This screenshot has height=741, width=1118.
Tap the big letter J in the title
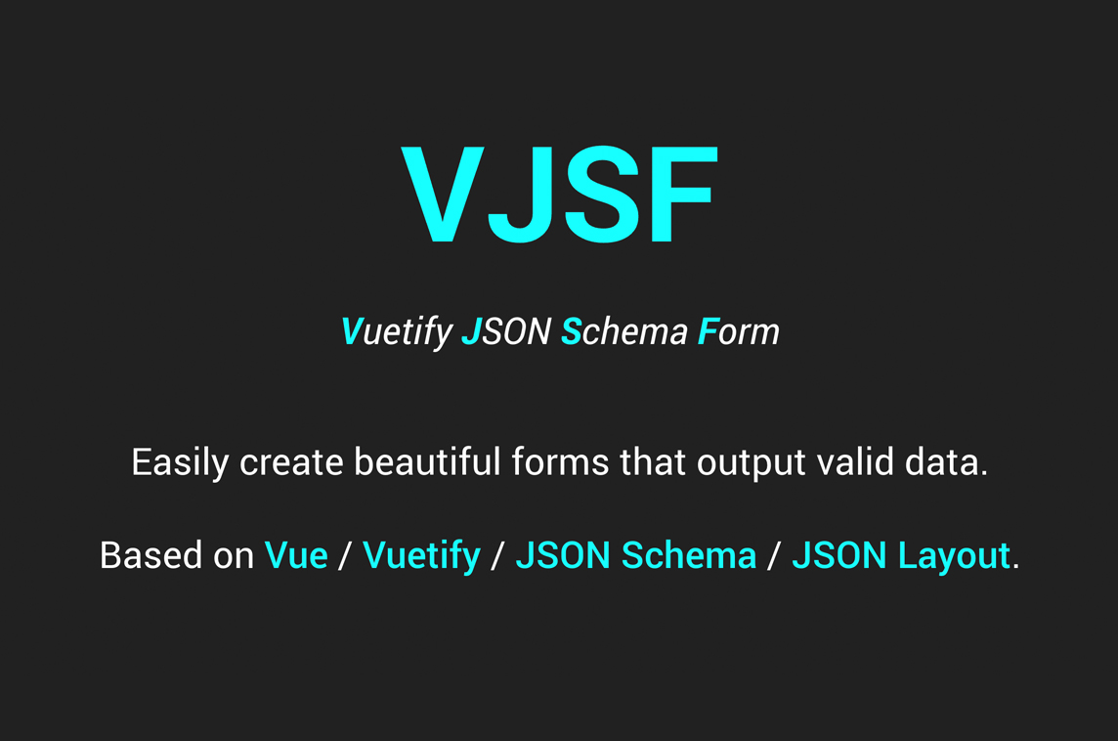tap(521, 195)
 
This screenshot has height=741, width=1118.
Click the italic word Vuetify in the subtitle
tap(397, 332)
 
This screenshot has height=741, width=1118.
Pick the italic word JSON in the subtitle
tap(506, 331)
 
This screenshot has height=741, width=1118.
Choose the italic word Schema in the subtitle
tap(624, 331)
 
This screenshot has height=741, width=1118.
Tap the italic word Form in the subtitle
tap(738, 331)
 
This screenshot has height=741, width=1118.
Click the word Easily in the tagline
tap(180, 462)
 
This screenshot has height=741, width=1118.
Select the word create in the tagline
tap(291, 462)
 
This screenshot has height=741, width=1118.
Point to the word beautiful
tap(428, 461)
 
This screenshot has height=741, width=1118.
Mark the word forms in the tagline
tap(560, 461)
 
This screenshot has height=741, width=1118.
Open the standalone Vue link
tap(296, 555)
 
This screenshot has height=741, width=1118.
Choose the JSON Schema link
tap(636, 555)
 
